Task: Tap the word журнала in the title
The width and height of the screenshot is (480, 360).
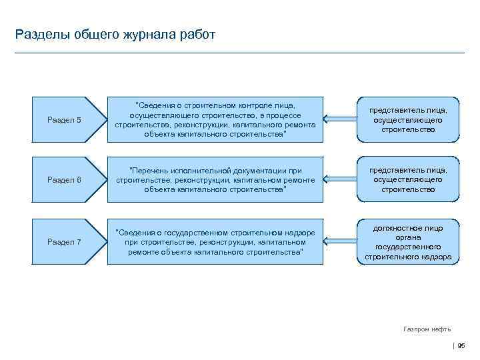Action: tap(146, 35)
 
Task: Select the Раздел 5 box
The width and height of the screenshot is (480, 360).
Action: tap(65, 120)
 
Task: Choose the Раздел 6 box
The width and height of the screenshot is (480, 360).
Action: tap(65, 180)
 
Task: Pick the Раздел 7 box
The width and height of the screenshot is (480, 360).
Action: tap(65, 241)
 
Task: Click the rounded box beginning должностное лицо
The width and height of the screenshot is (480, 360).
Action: tap(408, 242)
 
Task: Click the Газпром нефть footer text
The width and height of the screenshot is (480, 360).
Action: tap(427, 329)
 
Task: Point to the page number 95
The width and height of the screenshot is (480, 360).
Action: tap(461, 345)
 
